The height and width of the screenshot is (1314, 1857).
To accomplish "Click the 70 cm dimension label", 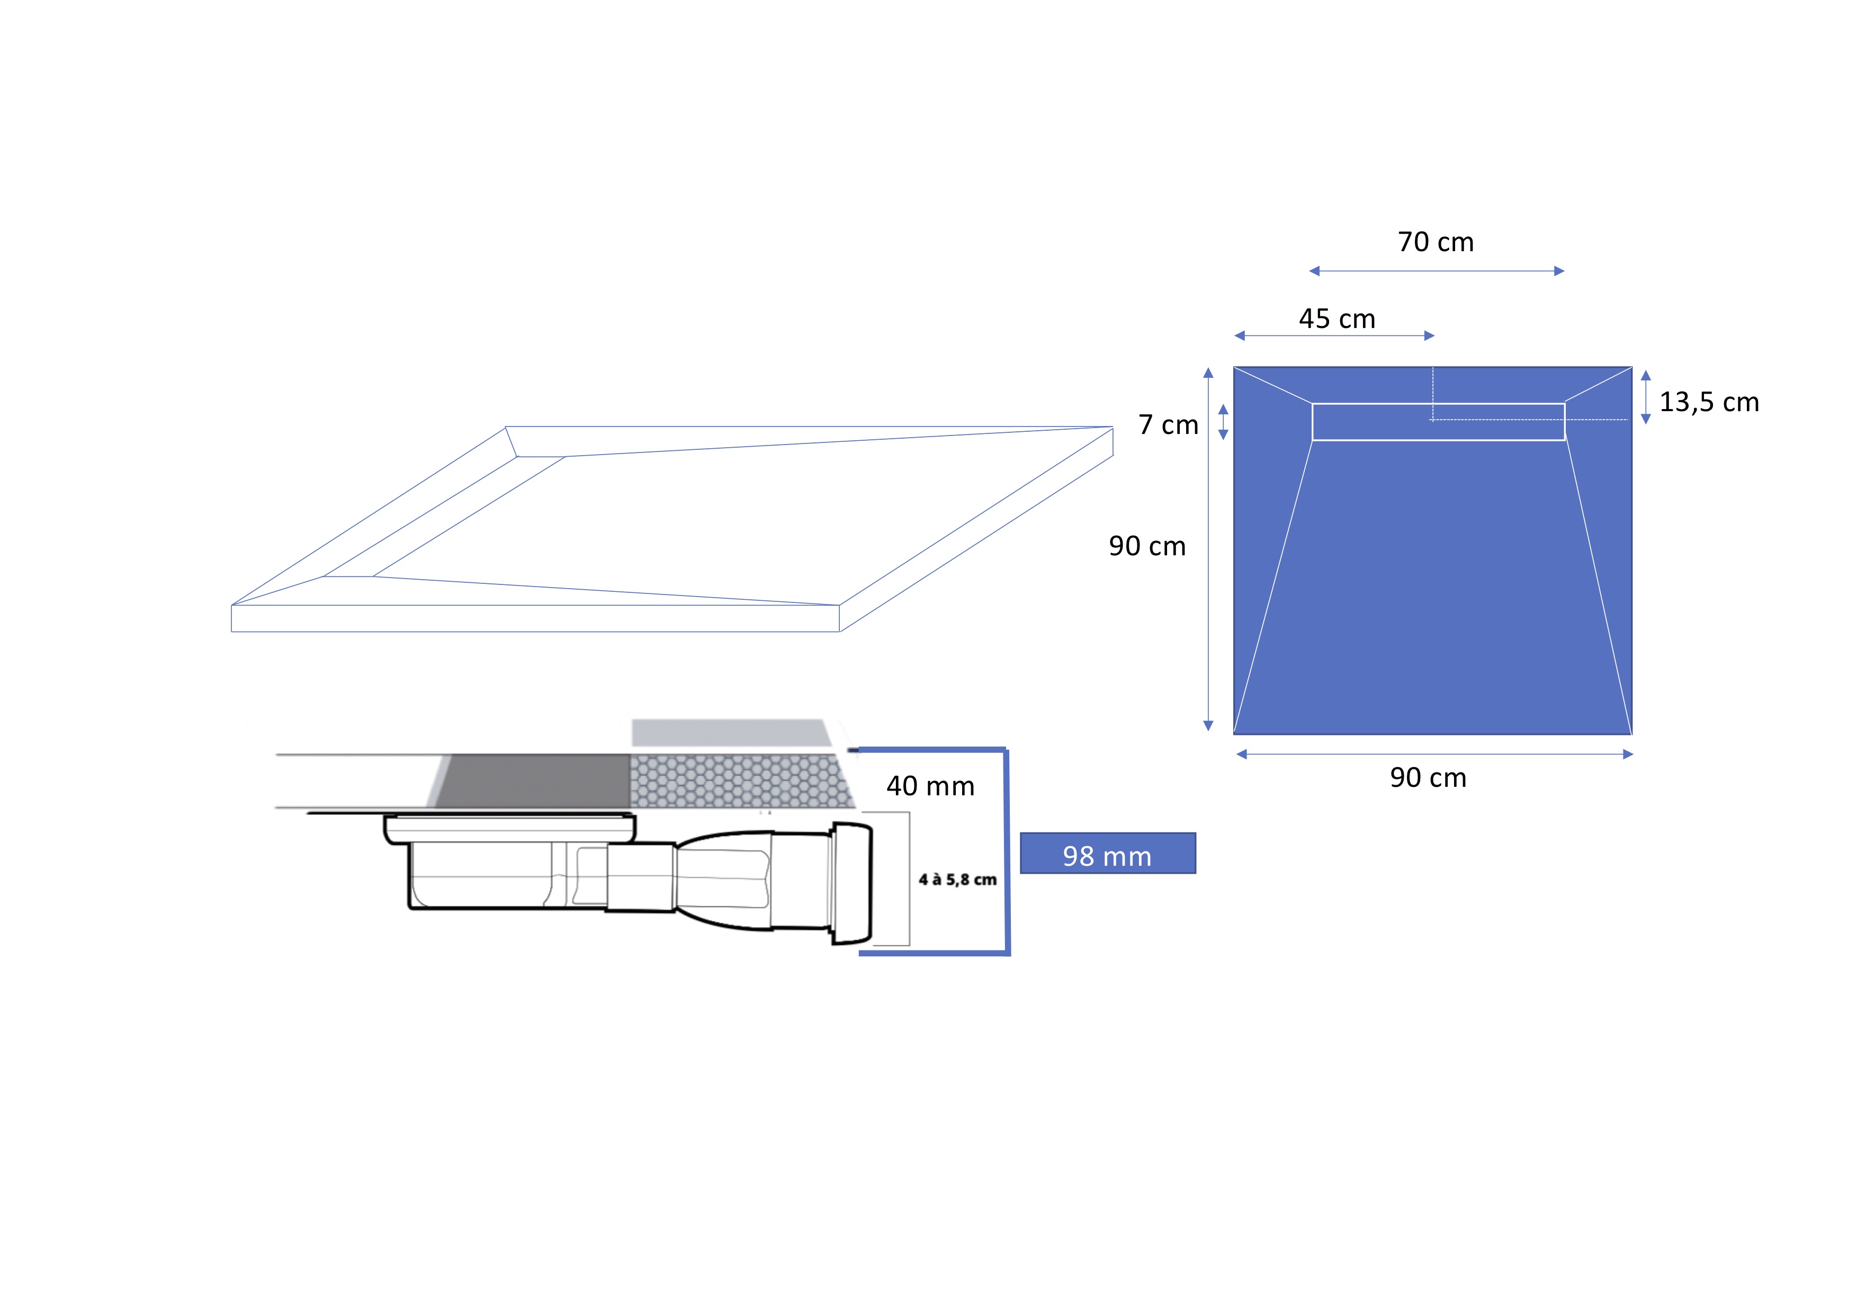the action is (1436, 242).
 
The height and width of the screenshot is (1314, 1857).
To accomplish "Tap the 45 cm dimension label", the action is (1337, 319).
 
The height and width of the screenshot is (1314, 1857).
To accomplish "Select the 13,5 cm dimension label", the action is (1709, 402).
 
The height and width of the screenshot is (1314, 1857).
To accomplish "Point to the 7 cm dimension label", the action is (1168, 425).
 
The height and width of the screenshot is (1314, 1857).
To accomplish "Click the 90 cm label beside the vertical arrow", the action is (1147, 546).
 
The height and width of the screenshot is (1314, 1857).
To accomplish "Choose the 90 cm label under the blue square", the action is (1428, 778).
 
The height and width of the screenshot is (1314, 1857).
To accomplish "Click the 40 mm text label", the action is (930, 786).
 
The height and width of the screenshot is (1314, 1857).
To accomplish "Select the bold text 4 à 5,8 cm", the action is (957, 880).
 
